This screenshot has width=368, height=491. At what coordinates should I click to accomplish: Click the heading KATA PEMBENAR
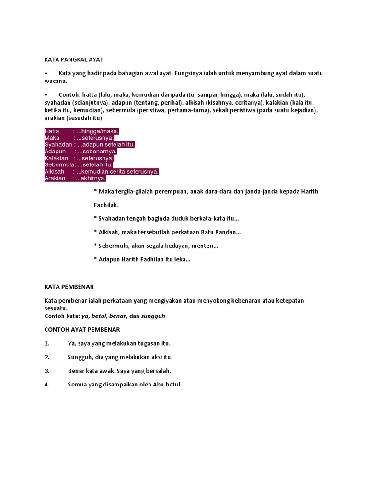pyautogui.click(x=69, y=287)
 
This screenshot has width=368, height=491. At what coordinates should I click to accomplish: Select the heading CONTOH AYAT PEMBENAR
pyautogui.click(x=82, y=329)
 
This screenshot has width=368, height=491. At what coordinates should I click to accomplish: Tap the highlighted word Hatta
pyautogui.click(x=52, y=131)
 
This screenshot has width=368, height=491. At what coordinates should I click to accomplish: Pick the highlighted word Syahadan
pyautogui.click(x=58, y=145)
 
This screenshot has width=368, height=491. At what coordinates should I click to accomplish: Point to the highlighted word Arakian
pyautogui.click(x=55, y=178)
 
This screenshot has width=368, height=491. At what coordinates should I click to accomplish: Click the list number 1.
pyautogui.click(x=47, y=343)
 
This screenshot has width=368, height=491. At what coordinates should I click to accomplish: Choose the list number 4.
pyautogui.click(x=47, y=385)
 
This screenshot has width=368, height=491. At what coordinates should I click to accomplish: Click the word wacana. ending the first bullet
pyautogui.click(x=56, y=81)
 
